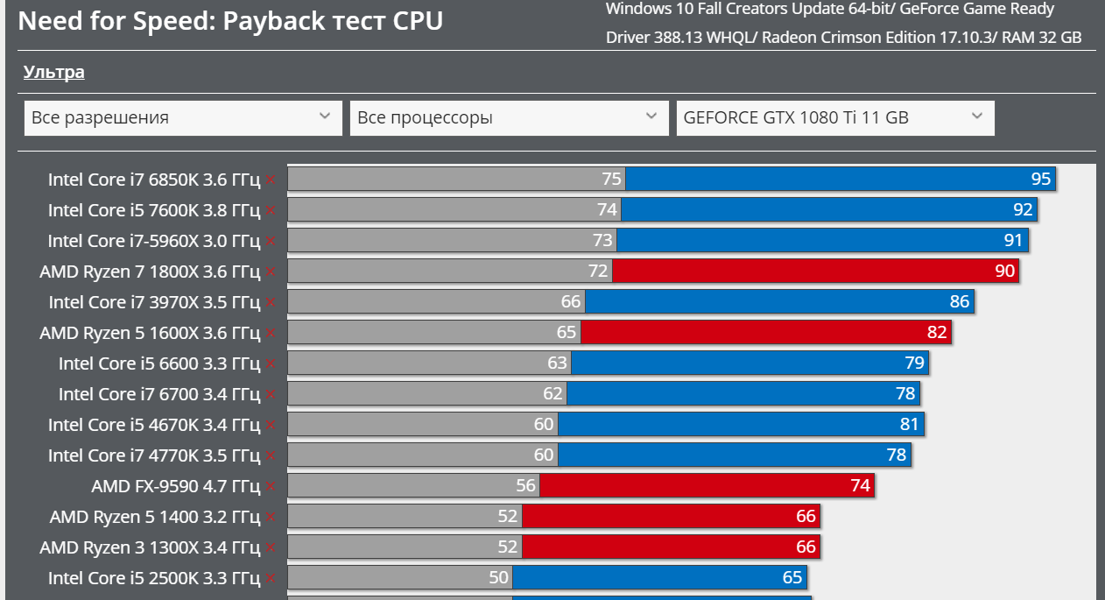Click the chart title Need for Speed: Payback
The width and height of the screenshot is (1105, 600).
pyautogui.click(x=230, y=20)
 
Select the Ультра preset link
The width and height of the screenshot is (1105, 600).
pyautogui.click(x=53, y=72)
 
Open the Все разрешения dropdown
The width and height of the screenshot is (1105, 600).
pyautogui.click(x=183, y=117)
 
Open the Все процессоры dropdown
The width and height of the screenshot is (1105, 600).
pyautogui.click(x=508, y=117)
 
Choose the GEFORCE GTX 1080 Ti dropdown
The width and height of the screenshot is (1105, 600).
pyautogui.click(x=834, y=117)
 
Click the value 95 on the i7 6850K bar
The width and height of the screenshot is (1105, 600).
pyautogui.click(x=1040, y=180)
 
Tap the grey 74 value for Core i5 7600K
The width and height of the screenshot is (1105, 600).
pyautogui.click(x=608, y=210)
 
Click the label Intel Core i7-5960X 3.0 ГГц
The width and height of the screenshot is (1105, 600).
pyautogui.click(x=154, y=241)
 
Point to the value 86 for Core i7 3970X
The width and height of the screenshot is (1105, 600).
pyautogui.click(x=960, y=302)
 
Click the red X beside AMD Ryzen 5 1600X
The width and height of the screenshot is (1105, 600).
pyautogui.click(x=271, y=333)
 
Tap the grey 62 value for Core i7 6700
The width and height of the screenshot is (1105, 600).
pyautogui.click(x=552, y=394)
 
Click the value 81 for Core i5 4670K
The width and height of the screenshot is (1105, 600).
pyautogui.click(x=909, y=425)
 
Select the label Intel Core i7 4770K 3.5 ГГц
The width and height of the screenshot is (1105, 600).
pyautogui.click(x=154, y=455)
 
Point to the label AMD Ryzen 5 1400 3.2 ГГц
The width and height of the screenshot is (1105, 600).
pyautogui.click(x=155, y=517)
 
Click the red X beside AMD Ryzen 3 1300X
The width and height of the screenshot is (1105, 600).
pyautogui.click(x=271, y=547)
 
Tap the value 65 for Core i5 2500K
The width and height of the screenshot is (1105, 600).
pyautogui.click(x=792, y=578)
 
